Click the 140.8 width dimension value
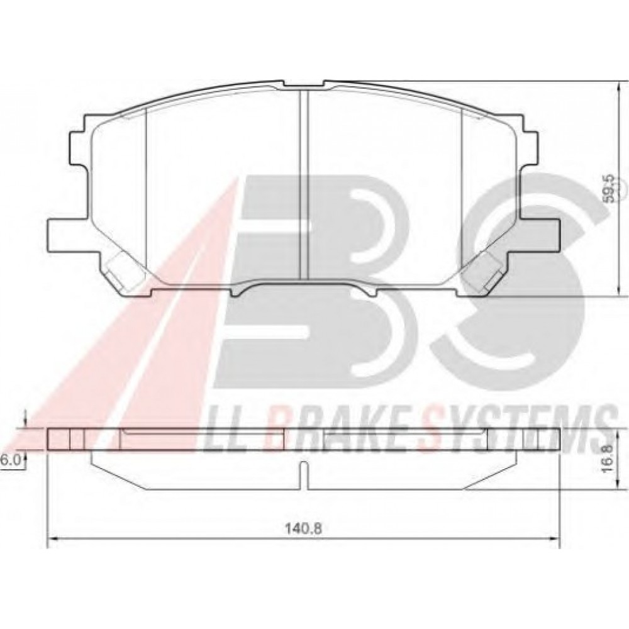(x=304, y=528)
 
